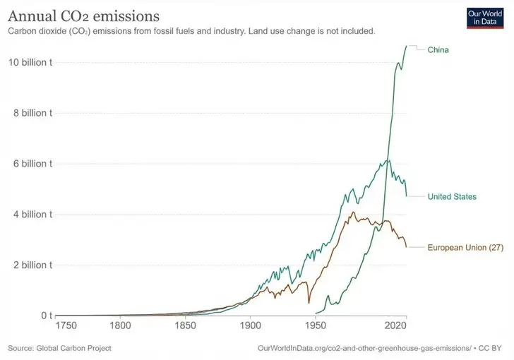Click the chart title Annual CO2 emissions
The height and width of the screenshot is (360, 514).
click(x=83, y=15)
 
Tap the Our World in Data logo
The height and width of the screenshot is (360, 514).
click(x=486, y=18)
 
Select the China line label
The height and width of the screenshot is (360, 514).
click(x=438, y=50)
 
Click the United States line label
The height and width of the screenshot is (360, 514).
click(x=452, y=196)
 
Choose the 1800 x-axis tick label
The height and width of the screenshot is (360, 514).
click(x=120, y=326)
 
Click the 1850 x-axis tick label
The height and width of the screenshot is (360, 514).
click(x=185, y=326)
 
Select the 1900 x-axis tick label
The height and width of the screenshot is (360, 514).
click(x=250, y=326)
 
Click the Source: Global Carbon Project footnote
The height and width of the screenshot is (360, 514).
click(x=59, y=348)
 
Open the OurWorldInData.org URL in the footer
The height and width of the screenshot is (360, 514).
click(x=365, y=348)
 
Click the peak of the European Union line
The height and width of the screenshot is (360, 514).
click(x=353, y=212)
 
